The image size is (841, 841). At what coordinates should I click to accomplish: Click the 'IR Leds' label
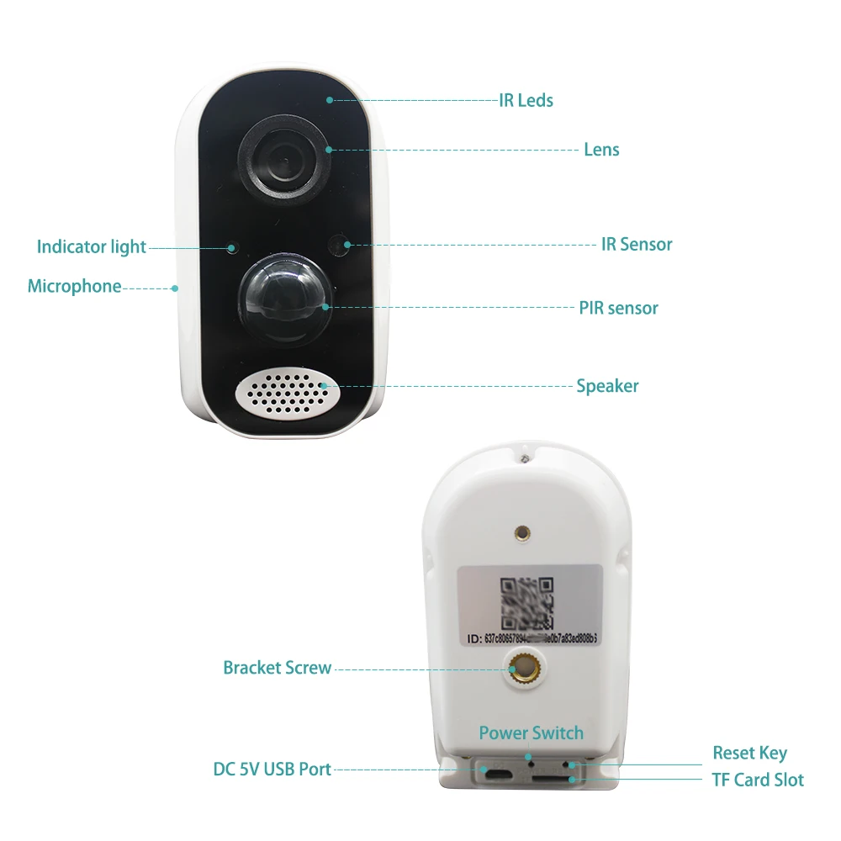tap(526, 100)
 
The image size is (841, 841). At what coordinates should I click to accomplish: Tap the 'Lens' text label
tap(601, 150)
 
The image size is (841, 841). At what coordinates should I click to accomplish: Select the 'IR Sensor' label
tap(637, 245)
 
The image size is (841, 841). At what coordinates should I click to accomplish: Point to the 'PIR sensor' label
tap(618, 308)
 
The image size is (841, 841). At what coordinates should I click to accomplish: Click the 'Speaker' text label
tap(607, 386)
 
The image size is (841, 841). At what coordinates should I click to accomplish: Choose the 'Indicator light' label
tap(91, 246)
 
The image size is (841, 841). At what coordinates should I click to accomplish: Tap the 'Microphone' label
tap(74, 286)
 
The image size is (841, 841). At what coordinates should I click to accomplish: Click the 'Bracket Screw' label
tap(277, 668)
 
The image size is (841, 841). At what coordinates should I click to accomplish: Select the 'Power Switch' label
tap(531, 733)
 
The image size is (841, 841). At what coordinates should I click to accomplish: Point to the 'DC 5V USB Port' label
tap(272, 769)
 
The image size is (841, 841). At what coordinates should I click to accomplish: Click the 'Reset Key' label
tap(749, 753)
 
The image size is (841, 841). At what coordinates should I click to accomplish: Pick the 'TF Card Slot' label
tap(757, 780)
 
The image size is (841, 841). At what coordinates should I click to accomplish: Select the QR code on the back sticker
tap(526, 602)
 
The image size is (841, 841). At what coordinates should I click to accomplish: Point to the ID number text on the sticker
tap(530, 637)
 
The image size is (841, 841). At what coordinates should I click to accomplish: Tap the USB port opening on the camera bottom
tap(497, 771)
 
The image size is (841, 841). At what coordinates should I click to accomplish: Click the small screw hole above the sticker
tap(522, 533)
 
